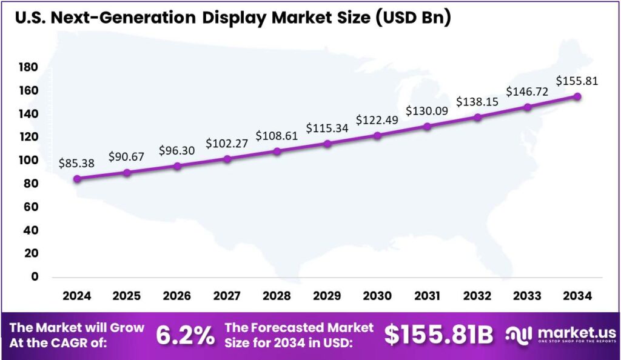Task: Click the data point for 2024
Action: pos(77,179)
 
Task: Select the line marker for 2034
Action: pos(577,96)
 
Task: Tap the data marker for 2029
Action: pos(327,144)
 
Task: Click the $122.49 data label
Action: pos(377,120)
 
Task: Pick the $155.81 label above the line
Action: pos(577,81)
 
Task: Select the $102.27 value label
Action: pos(226,144)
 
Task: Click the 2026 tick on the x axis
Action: pos(177,296)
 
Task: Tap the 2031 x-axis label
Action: pos(427,296)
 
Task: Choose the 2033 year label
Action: pos(527,296)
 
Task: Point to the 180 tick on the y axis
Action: pos(29,67)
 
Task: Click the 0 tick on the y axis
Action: pos(34,277)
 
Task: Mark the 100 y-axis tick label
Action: pos(29,161)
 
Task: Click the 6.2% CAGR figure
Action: pos(185,335)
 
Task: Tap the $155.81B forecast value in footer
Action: pos(438,335)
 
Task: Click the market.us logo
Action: pos(561,335)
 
